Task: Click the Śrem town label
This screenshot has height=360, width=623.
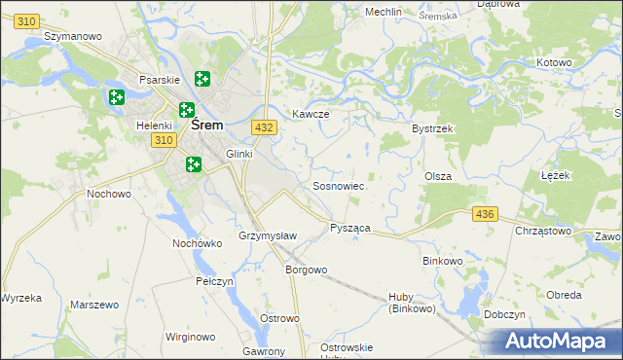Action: point(207,125)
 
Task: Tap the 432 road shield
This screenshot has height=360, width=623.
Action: point(263,127)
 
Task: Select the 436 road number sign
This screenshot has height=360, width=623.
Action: point(484,213)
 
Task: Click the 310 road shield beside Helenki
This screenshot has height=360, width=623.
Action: point(164,141)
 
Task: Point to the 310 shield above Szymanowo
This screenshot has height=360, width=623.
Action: point(28,19)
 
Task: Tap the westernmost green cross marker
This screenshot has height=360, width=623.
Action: point(117,97)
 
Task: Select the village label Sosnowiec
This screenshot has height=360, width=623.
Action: point(338,185)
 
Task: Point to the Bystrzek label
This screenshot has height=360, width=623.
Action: point(433,128)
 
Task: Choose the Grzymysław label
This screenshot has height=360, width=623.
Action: point(266,236)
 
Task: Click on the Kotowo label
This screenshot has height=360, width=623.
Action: point(554,62)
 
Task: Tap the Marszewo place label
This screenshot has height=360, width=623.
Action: point(94,305)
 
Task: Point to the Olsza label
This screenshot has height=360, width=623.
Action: point(437,175)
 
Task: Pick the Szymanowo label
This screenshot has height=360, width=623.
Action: point(74,36)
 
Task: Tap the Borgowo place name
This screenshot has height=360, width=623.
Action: point(306,270)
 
